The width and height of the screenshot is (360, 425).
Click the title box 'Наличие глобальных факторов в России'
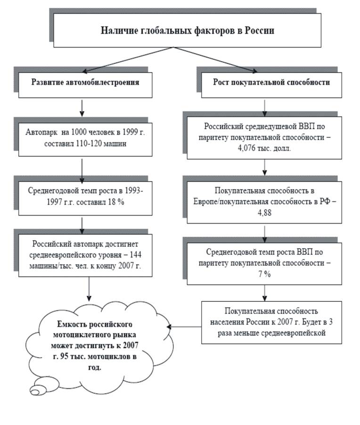[188, 31]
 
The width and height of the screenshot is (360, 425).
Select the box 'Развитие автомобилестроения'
[85, 82]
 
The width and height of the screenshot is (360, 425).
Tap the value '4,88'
[265, 212]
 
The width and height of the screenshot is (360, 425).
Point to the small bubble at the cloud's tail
[36, 390]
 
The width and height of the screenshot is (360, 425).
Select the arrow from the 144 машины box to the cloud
[90, 289]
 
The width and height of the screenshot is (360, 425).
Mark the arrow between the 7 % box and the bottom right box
[265, 292]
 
